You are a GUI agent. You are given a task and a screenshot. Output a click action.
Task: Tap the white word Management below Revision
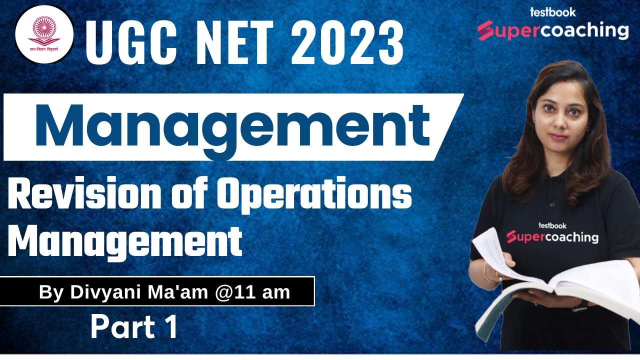pyautogui.click(x=125, y=241)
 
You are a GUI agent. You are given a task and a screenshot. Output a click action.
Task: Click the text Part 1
pyautogui.click(x=134, y=327)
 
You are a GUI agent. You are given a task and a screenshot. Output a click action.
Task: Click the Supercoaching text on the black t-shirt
pyautogui.click(x=552, y=236)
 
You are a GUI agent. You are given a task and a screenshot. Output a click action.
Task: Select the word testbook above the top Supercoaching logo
pyautogui.click(x=552, y=12)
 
